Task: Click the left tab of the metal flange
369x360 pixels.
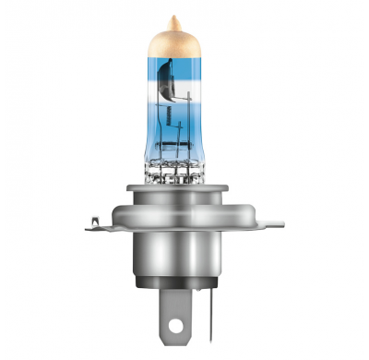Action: pos(101,222)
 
